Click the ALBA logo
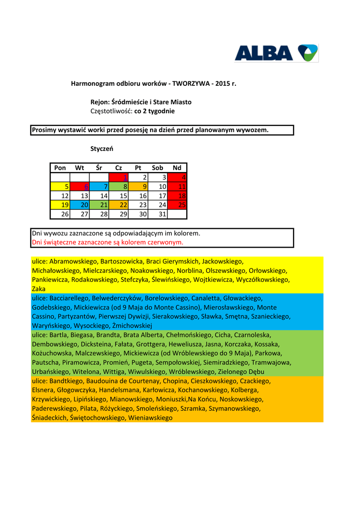pyautogui.click(x=276, y=53)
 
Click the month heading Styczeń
pyautogui.click(x=102, y=148)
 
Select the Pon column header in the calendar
pyautogui.click(x=60, y=168)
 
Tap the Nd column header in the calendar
pyautogui.click(x=177, y=168)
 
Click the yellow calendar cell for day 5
pyautogui.click(x=60, y=187)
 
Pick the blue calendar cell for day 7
pyautogui.click(x=99, y=187)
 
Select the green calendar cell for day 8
pyautogui.click(x=118, y=187)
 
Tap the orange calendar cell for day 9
pyautogui.click(x=138, y=187)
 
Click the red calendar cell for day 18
pyautogui.click(x=177, y=196)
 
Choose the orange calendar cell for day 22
pyautogui.click(x=118, y=205)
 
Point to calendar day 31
pyautogui.click(x=157, y=214)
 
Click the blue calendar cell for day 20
pyautogui.click(x=79, y=205)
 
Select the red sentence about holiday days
pyautogui.click(x=107, y=243)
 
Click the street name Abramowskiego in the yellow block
pyautogui.click(x=73, y=261)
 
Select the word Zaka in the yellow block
pyautogui.click(x=38, y=289)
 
